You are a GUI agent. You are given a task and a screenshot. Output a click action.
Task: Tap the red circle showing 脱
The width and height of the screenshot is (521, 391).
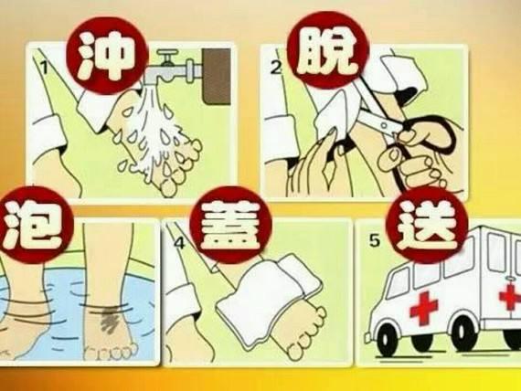[x=329, y=49]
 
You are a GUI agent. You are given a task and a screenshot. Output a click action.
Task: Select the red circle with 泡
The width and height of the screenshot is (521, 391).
[x=34, y=226]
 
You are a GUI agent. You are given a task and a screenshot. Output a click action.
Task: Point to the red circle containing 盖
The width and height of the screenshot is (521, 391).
[x=230, y=226]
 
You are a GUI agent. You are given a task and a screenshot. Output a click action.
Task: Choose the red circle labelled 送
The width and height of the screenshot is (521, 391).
[x=427, y=226]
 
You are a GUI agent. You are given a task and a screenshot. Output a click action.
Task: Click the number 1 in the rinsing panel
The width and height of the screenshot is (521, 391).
[x=44, y=67]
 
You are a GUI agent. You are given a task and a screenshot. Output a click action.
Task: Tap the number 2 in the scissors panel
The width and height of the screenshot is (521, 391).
[x=276, y=69]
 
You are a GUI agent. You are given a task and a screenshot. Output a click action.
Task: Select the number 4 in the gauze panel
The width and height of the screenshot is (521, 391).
[x=179, y=244]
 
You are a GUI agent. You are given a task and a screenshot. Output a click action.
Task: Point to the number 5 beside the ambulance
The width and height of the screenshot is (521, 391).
[x=375, y=240]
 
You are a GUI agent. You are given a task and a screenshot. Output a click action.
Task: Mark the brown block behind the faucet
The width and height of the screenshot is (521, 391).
[x=217, y=77]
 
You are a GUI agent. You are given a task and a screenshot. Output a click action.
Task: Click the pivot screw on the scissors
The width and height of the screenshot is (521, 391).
[x=384, y=125]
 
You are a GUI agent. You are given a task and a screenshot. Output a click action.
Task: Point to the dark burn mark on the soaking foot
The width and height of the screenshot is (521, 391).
[x=111, y=321]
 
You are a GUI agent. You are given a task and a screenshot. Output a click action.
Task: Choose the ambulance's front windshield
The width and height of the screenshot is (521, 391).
[x=398, y=283]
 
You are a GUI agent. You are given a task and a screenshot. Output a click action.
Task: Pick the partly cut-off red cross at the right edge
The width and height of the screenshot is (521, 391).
[x=510, y=297]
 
